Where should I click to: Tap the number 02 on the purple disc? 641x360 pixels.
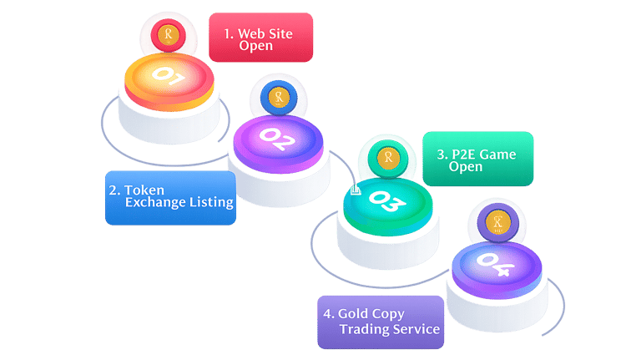coord(276,138)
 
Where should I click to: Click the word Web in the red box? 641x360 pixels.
coord(252,34)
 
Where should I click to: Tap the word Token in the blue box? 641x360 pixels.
coord(144,190)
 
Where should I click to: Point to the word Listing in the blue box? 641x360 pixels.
coord(210,203)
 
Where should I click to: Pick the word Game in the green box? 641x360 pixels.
coord(499,154)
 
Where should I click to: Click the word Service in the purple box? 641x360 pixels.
coord(416,329)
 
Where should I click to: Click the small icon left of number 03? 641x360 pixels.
coord(356,190)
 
